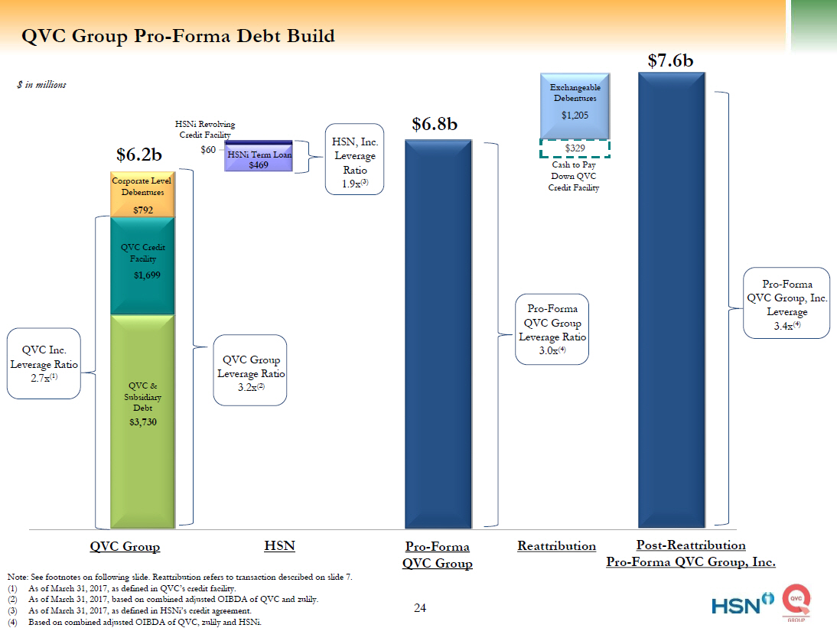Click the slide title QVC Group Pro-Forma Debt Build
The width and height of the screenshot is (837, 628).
[177, 36]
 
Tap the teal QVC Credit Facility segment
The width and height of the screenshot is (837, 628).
[142, 265]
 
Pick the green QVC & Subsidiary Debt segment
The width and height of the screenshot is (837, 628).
[142, 421]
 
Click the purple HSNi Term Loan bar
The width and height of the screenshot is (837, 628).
[259, 159]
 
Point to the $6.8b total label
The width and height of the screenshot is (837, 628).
[435, 124]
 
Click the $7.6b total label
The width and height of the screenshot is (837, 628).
[670, 61]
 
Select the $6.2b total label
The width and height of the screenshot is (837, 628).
[139, 155]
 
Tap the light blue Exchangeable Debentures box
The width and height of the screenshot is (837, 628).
[575, 105]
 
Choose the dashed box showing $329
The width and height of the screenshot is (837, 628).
[575, 148]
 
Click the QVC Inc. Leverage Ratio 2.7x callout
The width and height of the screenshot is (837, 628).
[44, 363]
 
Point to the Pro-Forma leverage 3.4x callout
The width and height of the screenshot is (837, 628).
[787, 302]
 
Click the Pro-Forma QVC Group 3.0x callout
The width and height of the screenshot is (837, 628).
[552, 328]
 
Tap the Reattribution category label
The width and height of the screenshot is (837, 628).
[556, 546]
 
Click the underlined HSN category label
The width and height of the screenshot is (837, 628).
[279, 546]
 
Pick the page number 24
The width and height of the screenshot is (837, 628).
[420, 608]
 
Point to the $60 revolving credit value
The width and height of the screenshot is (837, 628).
[207, 150]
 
